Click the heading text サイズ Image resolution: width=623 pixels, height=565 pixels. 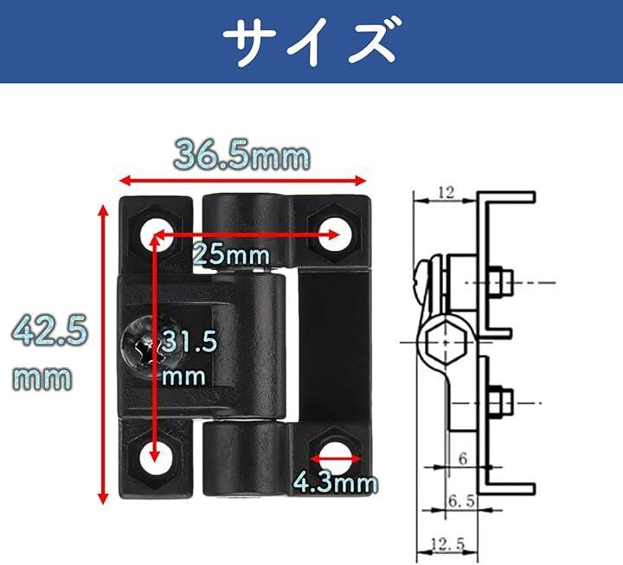[x=311, y=42]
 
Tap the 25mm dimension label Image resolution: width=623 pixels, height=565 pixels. [x=231, y=254]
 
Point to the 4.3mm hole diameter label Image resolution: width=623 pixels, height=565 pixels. [x=336, y=483]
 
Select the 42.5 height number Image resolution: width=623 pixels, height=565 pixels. [x=49, y=330]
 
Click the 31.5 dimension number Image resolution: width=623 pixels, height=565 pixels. [x=189, y=342]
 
